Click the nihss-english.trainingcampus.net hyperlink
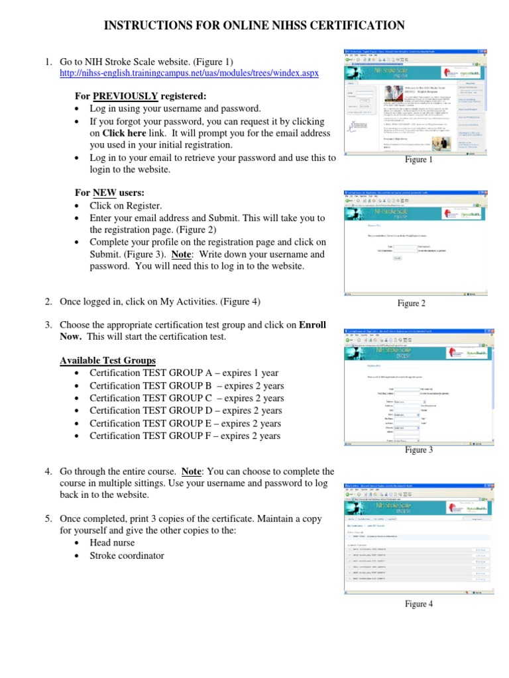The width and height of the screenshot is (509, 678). (189, 73)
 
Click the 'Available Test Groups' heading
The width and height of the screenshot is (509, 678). (108, 360)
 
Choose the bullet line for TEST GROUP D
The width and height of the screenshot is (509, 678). (186, 411)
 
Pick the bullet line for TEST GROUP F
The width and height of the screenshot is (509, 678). (185, 436)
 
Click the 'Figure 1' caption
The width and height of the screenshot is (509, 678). (419, 160)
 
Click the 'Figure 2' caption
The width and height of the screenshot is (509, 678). (411, 303)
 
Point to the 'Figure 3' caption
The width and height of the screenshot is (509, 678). (419, 450)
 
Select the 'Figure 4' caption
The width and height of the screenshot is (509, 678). (419, 604)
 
